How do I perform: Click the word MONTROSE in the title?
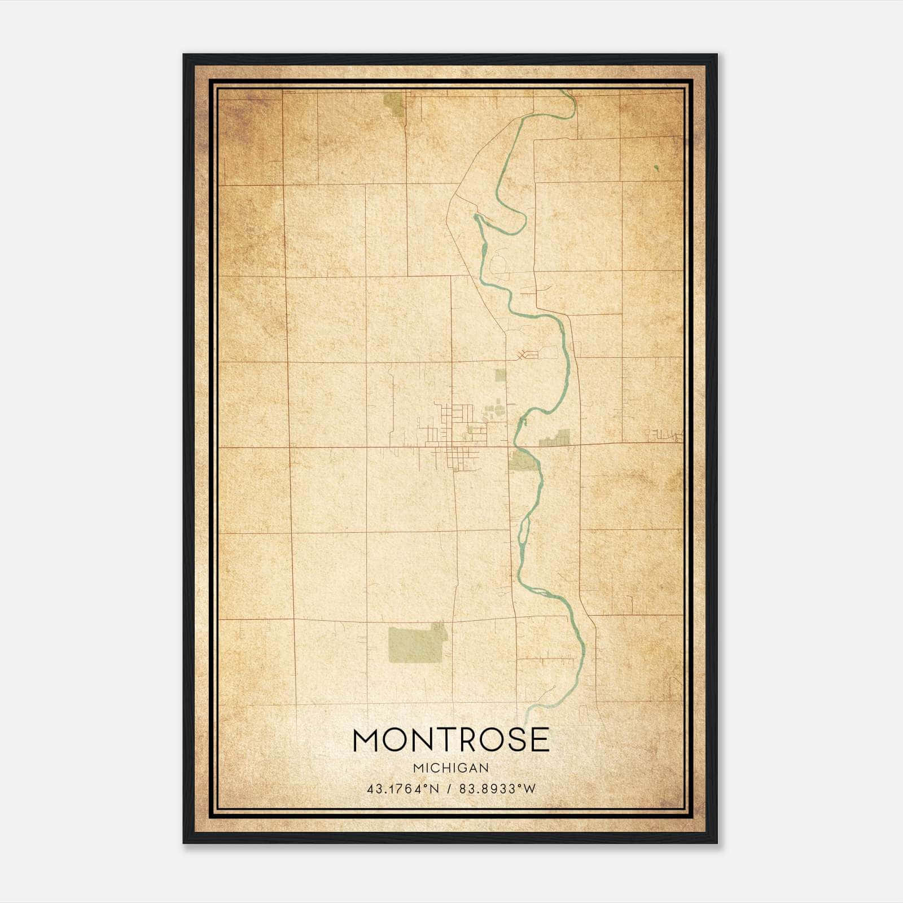point(451,740)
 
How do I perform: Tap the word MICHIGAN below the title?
point(451,768)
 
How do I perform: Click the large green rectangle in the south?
point(415,644)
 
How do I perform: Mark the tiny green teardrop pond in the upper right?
point(656,167)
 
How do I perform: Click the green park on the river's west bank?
point(523,460)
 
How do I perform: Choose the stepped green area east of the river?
point(556,439)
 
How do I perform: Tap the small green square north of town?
point(500,375)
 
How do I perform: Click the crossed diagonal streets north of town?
point(525,355)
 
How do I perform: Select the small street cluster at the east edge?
point(666,435)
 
